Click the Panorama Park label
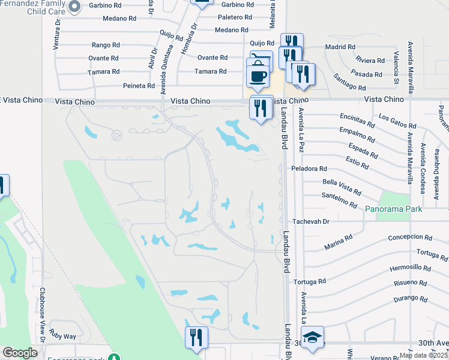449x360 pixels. click(394, 209)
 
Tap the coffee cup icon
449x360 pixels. click(258, 76)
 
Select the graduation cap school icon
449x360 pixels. click(312, 338)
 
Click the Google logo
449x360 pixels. click(20, 353)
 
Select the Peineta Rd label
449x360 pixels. click(139, 86)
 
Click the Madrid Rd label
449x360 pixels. click(340, 46)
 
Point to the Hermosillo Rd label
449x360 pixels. click(411, 268)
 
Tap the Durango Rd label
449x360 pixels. click(411, 298)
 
